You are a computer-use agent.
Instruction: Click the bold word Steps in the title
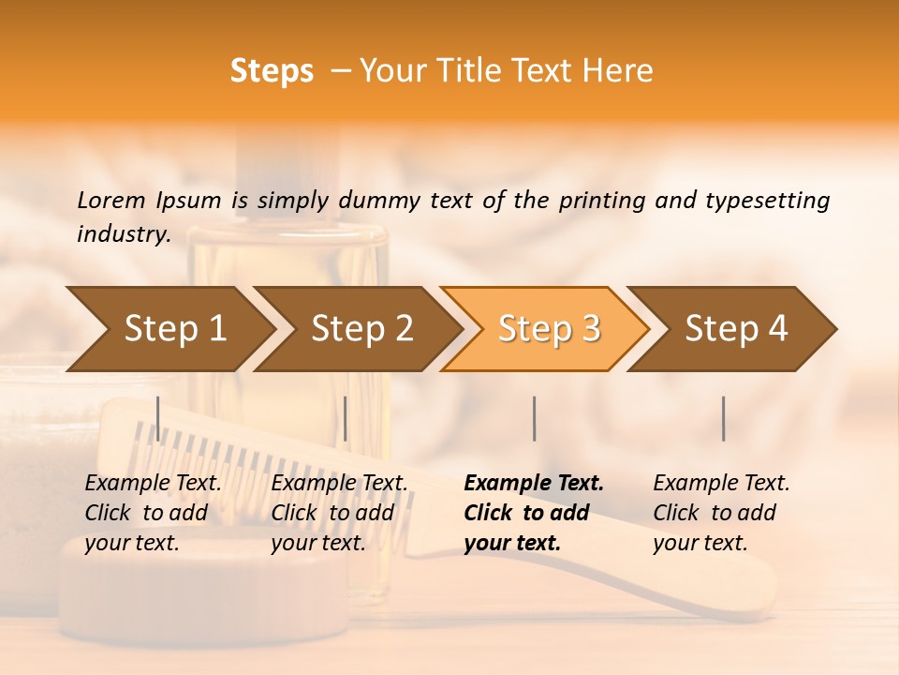272,71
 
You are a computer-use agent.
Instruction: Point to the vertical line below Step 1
157,418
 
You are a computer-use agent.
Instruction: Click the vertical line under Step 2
346,418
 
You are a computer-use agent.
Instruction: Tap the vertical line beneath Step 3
534,418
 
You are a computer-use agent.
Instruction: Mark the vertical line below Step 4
723,418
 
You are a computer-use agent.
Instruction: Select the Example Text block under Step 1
153,513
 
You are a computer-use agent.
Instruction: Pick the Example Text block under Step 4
721,513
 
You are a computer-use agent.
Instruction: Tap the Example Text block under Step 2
339,513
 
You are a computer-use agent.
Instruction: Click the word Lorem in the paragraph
111,200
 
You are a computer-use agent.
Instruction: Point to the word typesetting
767,201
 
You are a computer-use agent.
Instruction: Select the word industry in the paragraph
122,234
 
